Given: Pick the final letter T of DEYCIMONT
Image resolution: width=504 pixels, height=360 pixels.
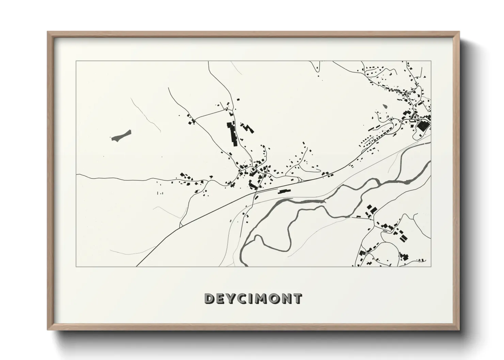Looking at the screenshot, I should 297,299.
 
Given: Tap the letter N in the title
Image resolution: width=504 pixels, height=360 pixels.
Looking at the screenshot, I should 286,299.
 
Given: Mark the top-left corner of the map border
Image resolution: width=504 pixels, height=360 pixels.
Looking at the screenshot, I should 76,61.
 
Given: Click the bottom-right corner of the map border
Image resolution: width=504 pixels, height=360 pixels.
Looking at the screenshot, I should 431,267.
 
